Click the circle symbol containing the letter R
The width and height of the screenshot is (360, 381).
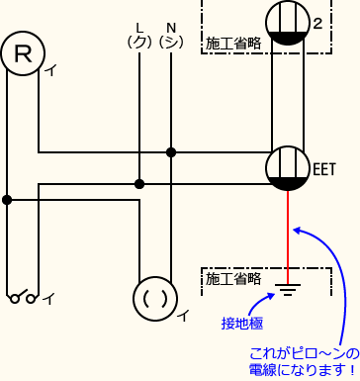tap(22, 56)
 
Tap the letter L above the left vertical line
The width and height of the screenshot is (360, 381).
tap(138, 26)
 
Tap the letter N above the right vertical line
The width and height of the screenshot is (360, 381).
tap(171, 26)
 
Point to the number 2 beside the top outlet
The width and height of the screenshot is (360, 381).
tap(317, 23)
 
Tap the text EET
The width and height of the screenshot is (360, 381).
tap(325, 168)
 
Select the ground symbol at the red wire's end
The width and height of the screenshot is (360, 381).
tap(288, 290)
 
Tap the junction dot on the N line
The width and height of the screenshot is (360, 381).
tap(171, 152)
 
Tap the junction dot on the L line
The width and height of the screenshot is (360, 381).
tap(138, 183)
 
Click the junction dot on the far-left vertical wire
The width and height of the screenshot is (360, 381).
tap(7, 199)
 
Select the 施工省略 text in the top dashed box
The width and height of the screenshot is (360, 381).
tap(232, 45)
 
